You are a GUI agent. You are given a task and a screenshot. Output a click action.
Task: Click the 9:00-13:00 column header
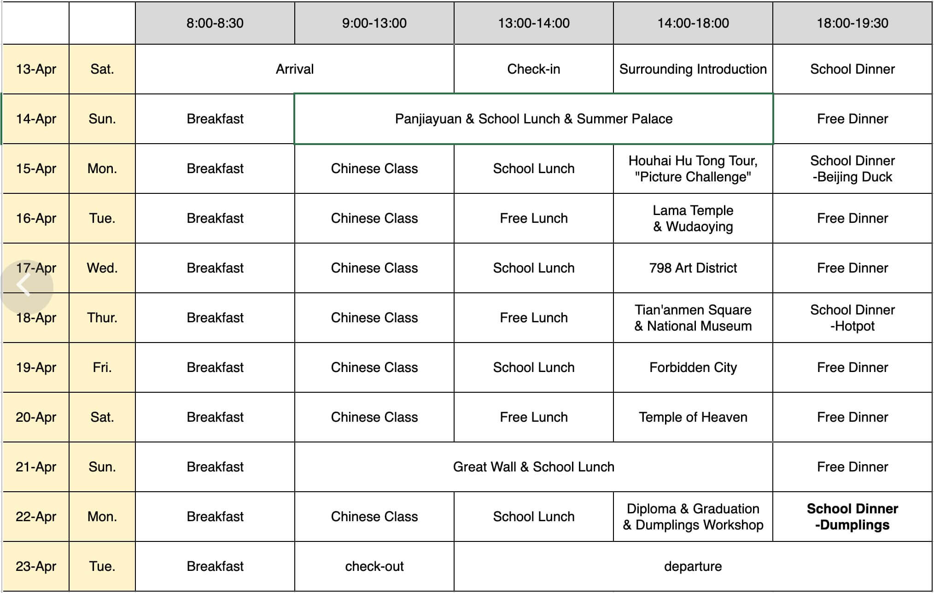point(374,23)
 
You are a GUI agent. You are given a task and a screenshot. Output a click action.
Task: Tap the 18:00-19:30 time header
point(852,23)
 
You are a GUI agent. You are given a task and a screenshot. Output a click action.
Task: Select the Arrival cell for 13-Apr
point(295,69)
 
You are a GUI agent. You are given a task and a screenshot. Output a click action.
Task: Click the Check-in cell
point(533,69)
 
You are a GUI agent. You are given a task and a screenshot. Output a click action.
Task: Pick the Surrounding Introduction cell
point(693,69)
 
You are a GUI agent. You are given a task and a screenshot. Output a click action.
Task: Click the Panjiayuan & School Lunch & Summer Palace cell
point(533,119)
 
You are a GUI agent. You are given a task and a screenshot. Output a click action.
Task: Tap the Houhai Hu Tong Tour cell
point(693,169)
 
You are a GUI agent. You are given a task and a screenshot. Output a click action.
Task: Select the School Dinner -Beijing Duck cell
point(852,169)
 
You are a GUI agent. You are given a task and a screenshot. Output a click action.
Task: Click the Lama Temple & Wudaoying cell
point(693,218)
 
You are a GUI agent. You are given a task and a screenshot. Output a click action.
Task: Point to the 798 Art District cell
point(693,268)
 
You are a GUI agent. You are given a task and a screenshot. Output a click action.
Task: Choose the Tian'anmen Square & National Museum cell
point(693,318)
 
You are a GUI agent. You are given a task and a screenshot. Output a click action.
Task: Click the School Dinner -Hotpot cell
point(852,318)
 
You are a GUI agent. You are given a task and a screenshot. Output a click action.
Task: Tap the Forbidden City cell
point(693,367)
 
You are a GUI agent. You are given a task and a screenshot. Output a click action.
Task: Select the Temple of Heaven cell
point(693,417)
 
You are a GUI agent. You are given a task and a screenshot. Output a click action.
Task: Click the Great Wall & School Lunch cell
point(533,467)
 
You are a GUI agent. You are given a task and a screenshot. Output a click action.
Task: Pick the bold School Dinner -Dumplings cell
point(852,517)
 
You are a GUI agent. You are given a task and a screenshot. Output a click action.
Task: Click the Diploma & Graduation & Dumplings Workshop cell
point(693,517)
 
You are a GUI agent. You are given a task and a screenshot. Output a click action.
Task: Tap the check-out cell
point(374,566)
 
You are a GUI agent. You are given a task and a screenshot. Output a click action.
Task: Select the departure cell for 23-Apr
point(693,566)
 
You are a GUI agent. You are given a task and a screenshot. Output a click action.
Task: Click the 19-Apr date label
point(36,367)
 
